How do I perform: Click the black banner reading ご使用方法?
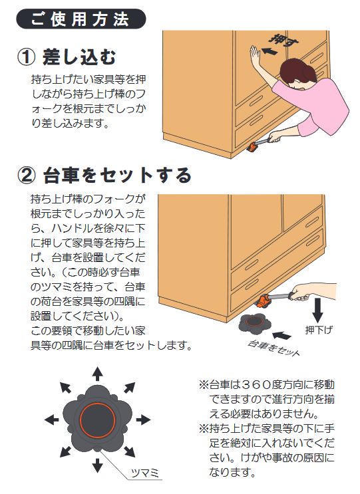[81, 19]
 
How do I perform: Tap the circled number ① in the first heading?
[26, 55]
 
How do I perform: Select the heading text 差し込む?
[83, 55]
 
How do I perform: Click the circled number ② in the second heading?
[26, 176]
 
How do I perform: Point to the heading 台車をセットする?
[117, 176]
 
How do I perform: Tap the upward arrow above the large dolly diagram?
[97, 372]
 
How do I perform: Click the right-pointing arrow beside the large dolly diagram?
[145, 420]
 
